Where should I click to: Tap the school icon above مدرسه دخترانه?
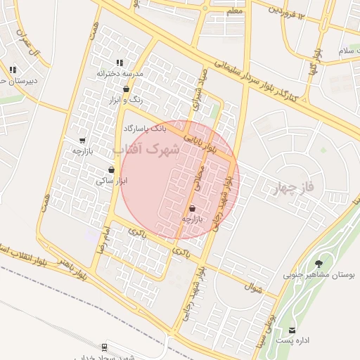click(120, 63)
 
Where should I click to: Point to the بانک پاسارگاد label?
click(146, 129)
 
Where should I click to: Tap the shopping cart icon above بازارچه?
click(82, 140)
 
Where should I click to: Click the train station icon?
click(105, 347)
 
